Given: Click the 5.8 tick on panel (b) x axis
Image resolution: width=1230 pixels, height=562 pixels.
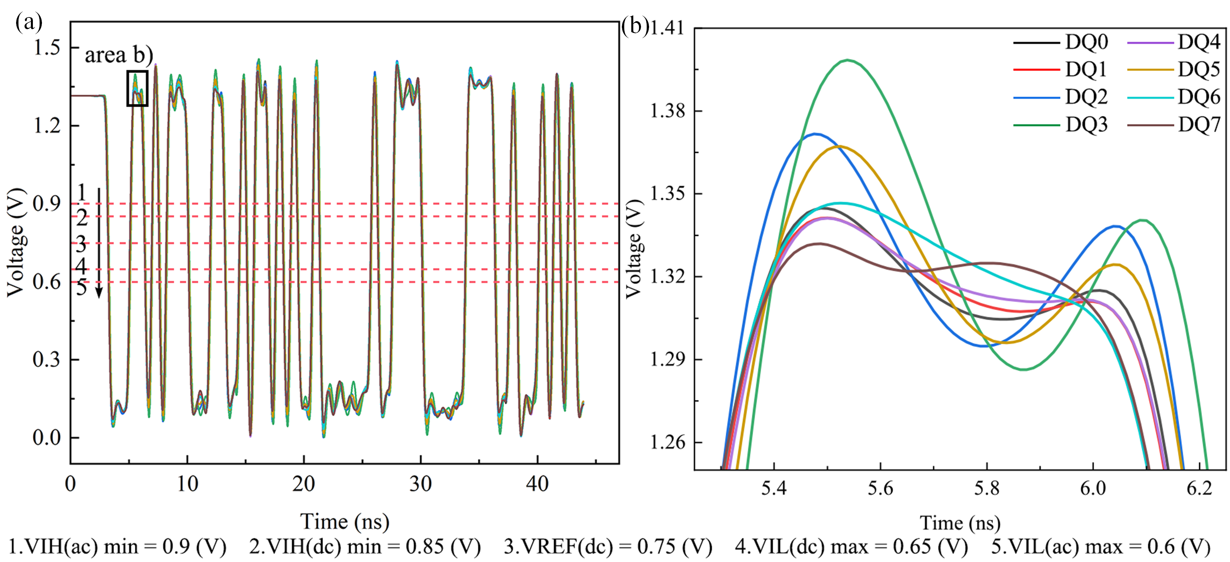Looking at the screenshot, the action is click(986, 488).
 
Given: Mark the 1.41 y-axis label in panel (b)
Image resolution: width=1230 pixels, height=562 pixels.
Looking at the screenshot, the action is click(668, 28).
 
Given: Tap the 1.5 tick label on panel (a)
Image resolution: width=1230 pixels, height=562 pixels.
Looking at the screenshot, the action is click(47, 47).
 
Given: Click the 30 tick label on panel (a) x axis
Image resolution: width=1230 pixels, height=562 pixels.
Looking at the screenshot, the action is click(421, 484).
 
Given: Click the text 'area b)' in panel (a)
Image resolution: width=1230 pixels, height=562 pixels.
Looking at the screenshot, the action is click(119, 55).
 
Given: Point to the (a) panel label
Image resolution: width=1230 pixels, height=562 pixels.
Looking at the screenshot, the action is click(29, 21).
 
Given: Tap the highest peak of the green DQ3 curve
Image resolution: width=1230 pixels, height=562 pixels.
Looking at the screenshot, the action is click(848, 60).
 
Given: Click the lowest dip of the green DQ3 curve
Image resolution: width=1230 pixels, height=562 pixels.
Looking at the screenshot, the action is click(1024, 369).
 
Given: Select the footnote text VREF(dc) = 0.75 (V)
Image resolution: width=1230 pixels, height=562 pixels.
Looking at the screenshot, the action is click(608, 547).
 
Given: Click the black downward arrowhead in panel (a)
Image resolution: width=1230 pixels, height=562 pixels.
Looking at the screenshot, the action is click(99, 292).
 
